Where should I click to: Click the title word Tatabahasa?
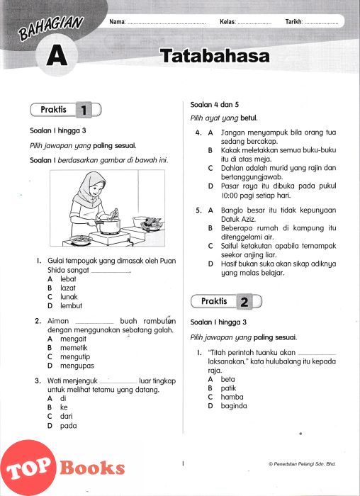point(215,56)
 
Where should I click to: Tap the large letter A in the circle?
point(57,55)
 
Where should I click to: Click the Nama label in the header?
point(118,22)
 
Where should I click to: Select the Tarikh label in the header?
point(294,22)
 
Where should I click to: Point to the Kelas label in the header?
point(227,22)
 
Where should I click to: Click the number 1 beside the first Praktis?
point(84,110)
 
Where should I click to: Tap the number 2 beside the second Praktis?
point(244,302)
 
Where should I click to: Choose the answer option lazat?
point(68,288)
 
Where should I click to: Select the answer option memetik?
point(74,348)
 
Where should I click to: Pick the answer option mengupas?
point(77,366)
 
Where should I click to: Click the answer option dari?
point(67,417)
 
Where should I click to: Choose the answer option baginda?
point(234,406)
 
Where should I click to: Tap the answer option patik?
point(228,388)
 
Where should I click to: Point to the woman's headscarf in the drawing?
point(89,189)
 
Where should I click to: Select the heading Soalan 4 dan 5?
point(215,105)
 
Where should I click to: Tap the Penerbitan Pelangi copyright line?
point(302,464)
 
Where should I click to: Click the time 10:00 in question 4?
point(229,196)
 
